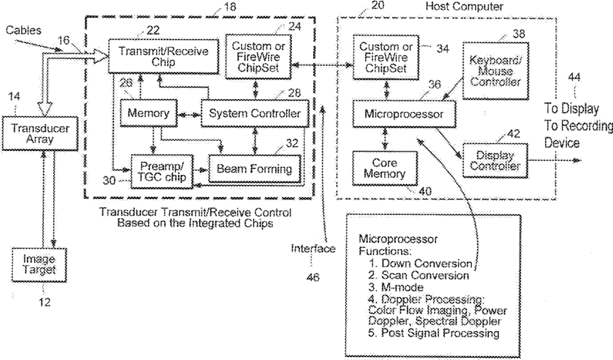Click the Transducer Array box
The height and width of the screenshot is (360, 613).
click(x=40, y=133)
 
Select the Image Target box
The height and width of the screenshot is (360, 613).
click(x=39, y=264)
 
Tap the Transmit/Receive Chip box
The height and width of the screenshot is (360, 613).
click(x=164, y=56)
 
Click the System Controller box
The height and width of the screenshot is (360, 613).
click(x=255, y=113)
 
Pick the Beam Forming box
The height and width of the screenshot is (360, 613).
click(x=255, y=169)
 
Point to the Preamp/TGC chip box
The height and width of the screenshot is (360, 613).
click(x=162, y=171)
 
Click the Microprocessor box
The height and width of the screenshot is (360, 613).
click(x=404, y=114)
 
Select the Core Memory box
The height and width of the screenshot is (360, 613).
click(x=385, y=168)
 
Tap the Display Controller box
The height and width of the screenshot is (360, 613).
click(x=495, y=161)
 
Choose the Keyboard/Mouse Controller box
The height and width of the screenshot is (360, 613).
click(x=496, y=71)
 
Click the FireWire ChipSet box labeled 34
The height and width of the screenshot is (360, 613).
click(x=386, y=57)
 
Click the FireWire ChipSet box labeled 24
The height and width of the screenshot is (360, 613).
click(x=259, y=57)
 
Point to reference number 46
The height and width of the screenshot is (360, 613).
click(x=313, y=277)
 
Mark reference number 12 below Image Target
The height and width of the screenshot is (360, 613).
click(x=45, y=302)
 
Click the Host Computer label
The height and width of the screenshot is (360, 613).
click(x=464, y=6)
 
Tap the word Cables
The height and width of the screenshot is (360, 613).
click(x=23, y=30)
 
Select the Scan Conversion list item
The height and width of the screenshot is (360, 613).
click(x=418, y=276)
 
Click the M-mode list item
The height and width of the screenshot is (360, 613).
click(x=395, y=288)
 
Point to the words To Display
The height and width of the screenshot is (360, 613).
click(x=572, y=108)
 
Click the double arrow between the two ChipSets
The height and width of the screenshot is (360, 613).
click(x=322, y=65)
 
